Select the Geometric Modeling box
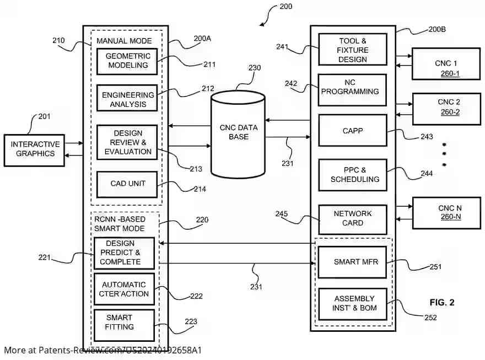[127, 61]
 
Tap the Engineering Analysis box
[127, 99]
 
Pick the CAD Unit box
[127, 184]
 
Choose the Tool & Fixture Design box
[353, 50]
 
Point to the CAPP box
[353, 131]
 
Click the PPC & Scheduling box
[354, 175]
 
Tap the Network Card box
[353, 218]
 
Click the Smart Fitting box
[120, 322]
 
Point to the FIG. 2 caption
[442, 303]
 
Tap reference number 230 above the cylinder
[254, 68]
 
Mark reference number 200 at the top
[286, 7]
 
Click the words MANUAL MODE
[124, 41]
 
